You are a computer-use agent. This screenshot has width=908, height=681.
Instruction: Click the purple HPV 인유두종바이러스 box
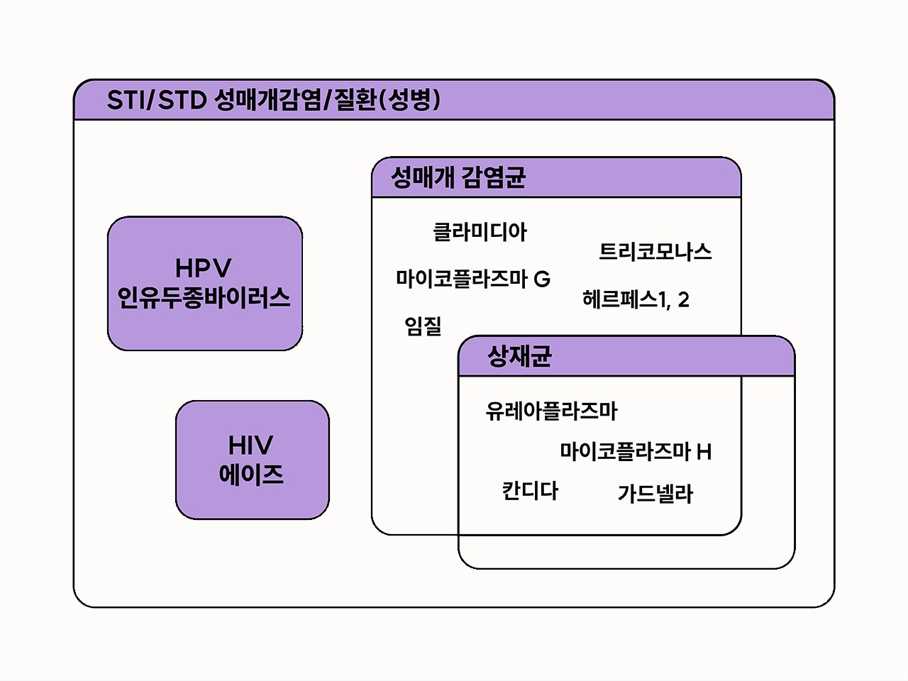click(x=204, y=284)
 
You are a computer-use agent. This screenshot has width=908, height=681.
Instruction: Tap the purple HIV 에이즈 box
click(x=252, y=460)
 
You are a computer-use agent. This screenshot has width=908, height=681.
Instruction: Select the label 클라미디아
click(x=480, y=232)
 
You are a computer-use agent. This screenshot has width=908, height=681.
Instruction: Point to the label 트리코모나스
click(x=655, y=252)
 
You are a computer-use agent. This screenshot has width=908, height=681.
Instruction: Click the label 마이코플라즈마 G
click(x=472, y=278)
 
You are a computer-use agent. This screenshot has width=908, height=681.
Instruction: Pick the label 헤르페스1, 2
click(x=636, y=299)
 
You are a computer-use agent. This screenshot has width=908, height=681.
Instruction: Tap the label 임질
click(x=423, y=326)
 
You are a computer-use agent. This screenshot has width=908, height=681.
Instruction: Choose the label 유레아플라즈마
click(x=551, y=411)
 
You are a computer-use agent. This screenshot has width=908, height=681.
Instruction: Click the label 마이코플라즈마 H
click(x=635, y=451)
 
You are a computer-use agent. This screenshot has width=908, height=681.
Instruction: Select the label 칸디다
click(x=530, y=491)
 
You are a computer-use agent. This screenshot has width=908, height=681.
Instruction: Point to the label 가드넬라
click(x=655, y=494)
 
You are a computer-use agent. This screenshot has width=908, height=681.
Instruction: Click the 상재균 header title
click(x=519, y=356)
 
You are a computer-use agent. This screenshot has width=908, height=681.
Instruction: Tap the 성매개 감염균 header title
click(x=458, y=177)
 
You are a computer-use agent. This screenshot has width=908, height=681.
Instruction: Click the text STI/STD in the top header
click(x=156, y=100)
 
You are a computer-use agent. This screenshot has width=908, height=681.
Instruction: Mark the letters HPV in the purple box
click(x=204, y=268)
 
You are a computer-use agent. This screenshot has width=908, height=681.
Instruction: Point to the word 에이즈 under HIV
click(x=252, y=475)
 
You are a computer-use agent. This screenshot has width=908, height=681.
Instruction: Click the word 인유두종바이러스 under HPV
click(x=204, y=298)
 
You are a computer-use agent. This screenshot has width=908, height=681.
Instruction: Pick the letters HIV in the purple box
click(x=251, y=445)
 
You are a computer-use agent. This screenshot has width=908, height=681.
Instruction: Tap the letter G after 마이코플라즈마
click(x=542, y=279)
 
